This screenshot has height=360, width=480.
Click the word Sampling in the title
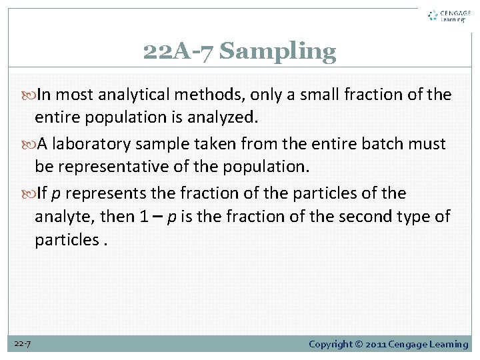(x=278, y=51)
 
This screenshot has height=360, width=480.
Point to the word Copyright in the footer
(x=332, y=344)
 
